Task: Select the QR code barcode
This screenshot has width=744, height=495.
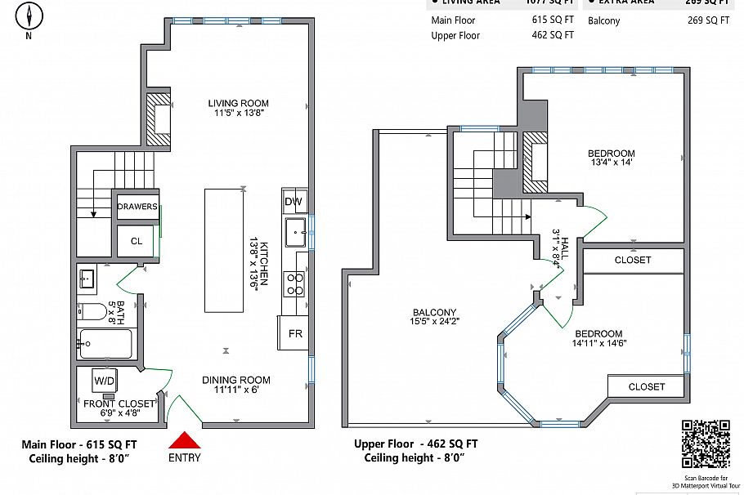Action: (x=705, y=444)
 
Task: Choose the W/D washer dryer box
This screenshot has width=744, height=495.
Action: (x=104, y=380)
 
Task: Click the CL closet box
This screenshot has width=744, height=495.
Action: (x=137, y=241)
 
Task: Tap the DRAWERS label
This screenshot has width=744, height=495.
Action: (x=137, y=207)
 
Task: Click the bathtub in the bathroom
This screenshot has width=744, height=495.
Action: (x=105, y=343)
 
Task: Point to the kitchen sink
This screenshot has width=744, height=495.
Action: (x=294, y=232)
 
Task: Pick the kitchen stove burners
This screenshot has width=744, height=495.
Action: (x=294, y=283)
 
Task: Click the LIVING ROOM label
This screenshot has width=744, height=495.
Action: (x=238, y=104)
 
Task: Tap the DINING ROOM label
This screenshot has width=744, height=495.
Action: (x=236, y=380)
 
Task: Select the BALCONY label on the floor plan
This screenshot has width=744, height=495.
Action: (x=433, y=312)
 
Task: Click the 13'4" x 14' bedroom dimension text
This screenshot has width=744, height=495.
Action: (x=611, y=163)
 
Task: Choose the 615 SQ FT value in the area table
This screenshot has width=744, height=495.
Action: (x=552, y=20)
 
